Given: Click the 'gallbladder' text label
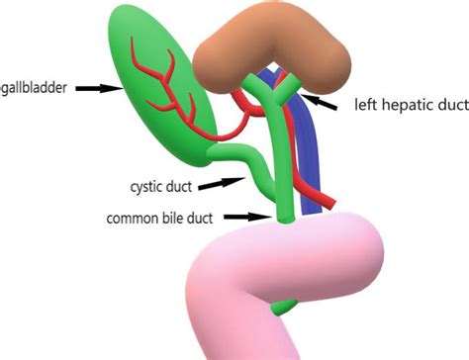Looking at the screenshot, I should pyautogui.click(x=34, y=88).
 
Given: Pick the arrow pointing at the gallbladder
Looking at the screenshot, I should pyautogui.click(x=98, y=88).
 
